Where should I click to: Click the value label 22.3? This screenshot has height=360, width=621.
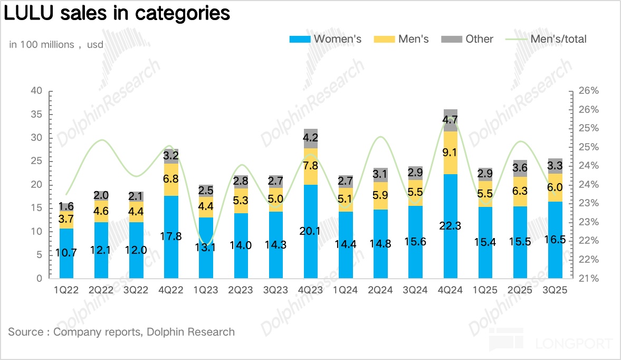[451, 225]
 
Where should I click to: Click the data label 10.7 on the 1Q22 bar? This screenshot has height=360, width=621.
[66, 253]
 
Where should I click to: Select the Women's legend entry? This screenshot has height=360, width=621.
[326, 39]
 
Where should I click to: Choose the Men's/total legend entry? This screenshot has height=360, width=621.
[546, 39]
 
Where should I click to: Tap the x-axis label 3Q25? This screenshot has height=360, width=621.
[555, 290]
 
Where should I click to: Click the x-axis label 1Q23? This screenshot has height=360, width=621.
[206, 290]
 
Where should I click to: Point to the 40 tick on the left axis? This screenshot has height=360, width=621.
[36, 91]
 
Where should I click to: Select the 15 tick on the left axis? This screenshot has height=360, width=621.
[36, 208]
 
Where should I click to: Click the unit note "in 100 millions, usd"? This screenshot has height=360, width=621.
[56, 45]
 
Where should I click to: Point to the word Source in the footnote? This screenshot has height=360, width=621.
[25, 332]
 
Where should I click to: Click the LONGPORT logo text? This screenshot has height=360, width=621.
[574, 344]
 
